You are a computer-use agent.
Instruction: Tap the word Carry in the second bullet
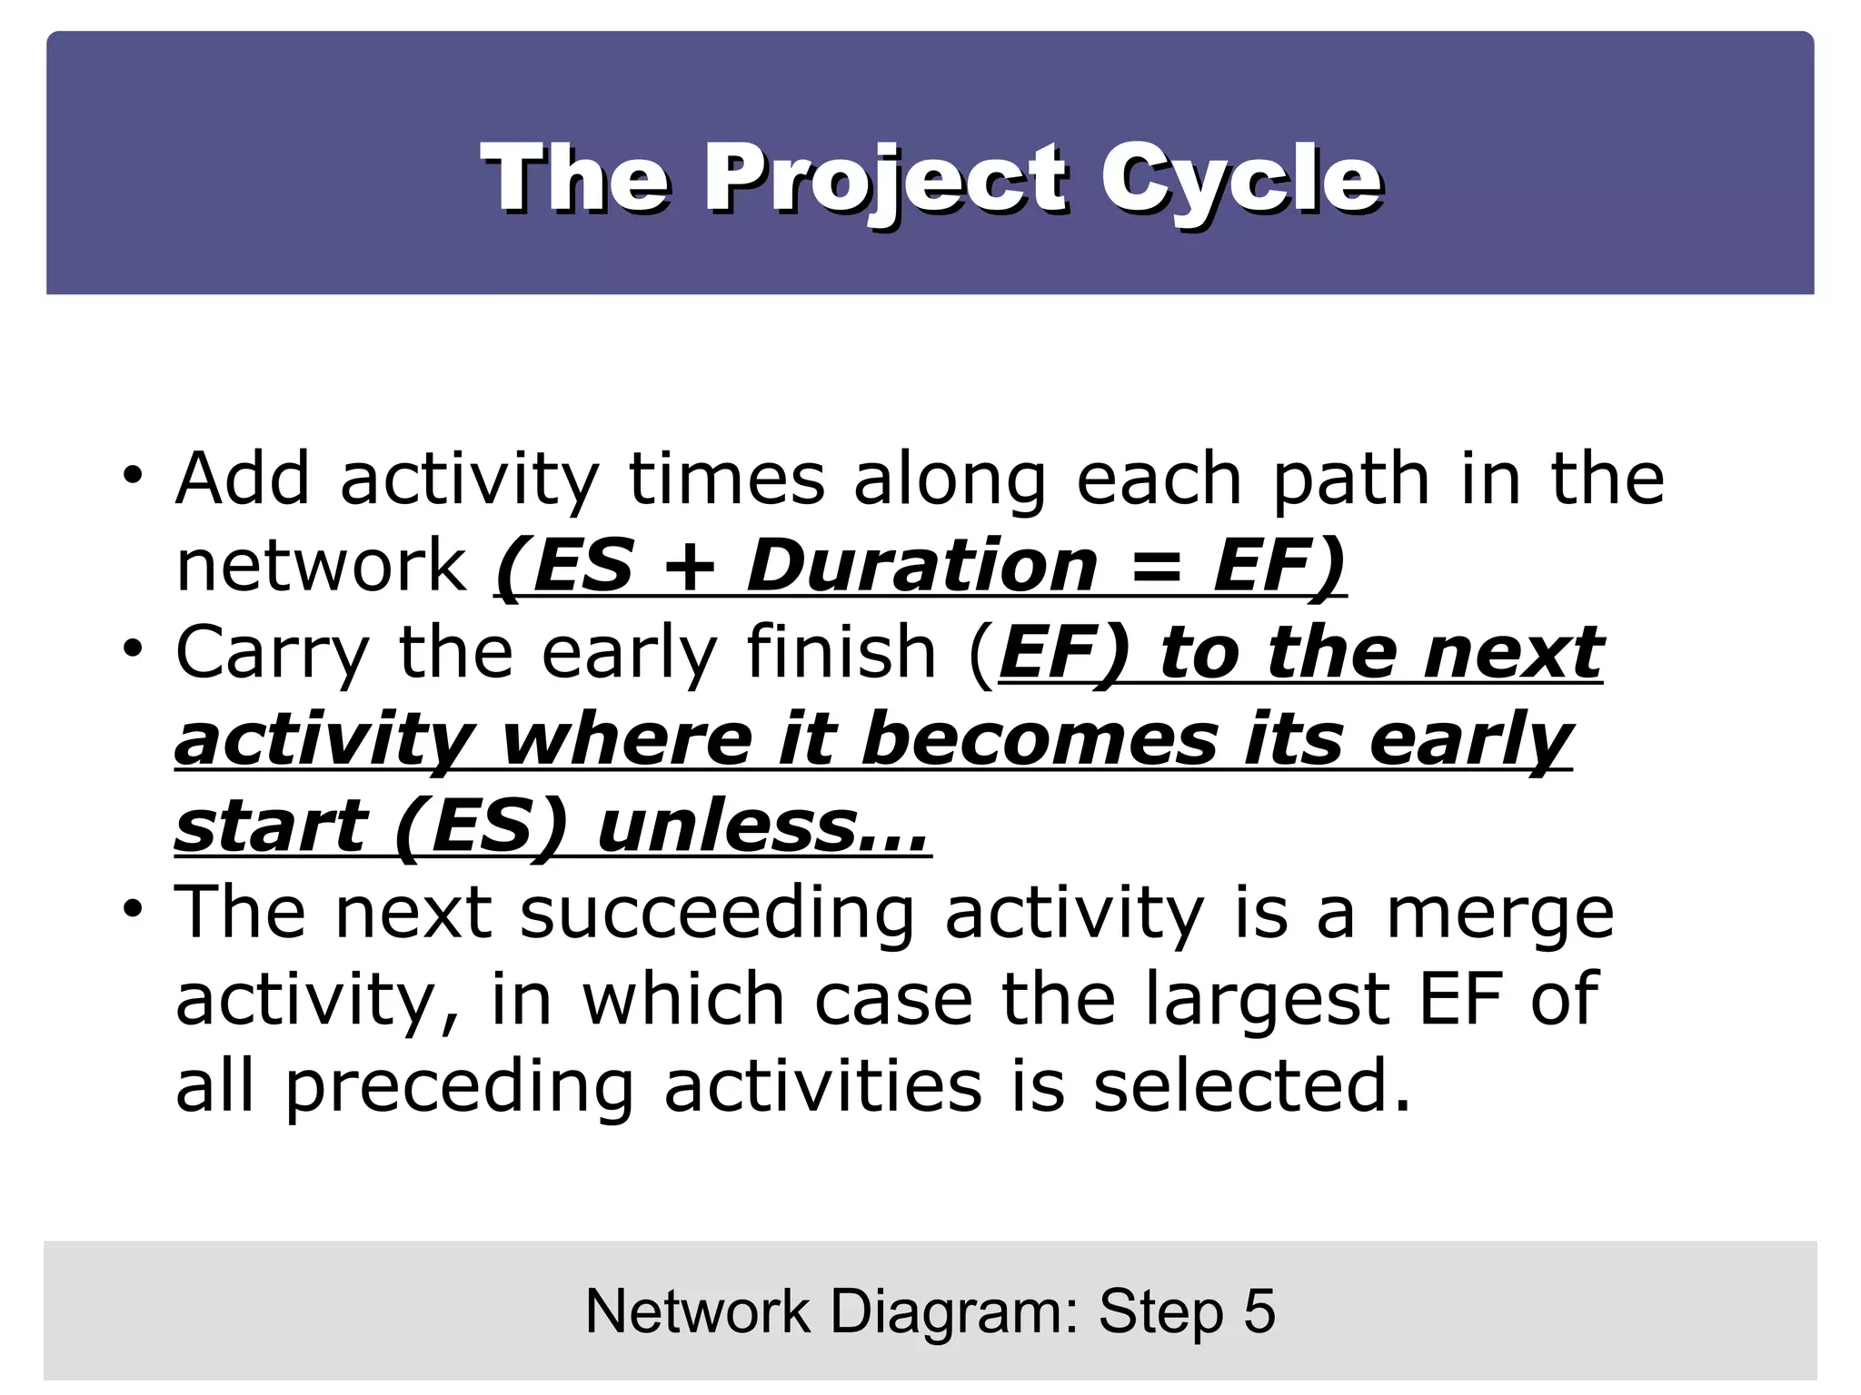(273, 653)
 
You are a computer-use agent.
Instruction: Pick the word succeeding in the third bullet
(717, 914)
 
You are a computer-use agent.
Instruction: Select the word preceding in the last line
(460, 1088)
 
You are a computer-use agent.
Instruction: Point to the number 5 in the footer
(1259, 1311)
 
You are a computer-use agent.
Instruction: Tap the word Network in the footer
(698, 1311)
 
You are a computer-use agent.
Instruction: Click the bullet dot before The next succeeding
(134, 909)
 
